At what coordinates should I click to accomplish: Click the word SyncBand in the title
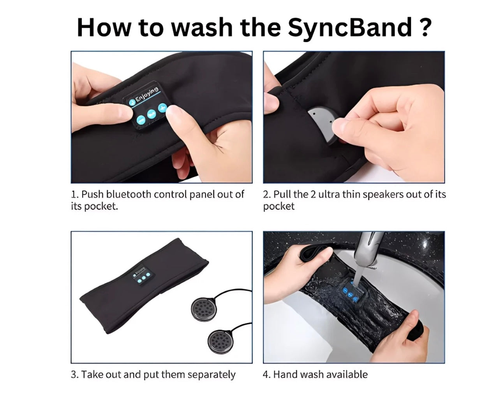tap(350, 28)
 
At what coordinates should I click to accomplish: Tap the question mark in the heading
tap(425, 27)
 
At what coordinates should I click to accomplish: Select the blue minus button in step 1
tap(141, 120)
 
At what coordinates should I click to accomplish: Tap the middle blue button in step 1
tap(152, 114)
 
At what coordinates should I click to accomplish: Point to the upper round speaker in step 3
tap(204, 309)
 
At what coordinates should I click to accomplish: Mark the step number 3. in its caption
tap(75, 374)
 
